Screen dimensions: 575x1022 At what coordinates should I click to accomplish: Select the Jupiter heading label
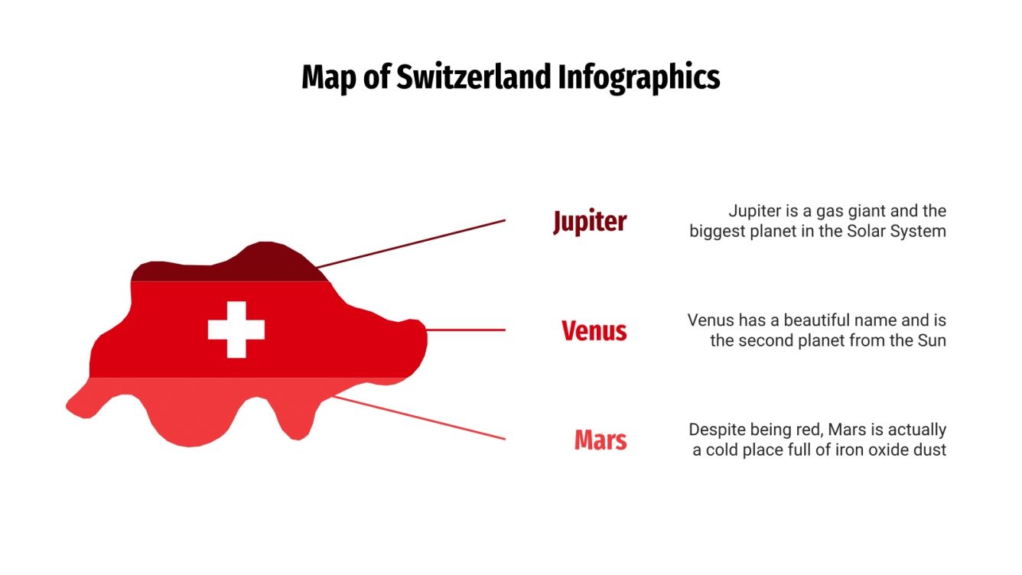click(590, 222)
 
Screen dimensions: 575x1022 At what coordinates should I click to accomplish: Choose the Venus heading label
click(594, 331)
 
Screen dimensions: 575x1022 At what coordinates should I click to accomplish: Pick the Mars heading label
click(601, 440)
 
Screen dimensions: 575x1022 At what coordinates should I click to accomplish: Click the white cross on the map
click(236, 330)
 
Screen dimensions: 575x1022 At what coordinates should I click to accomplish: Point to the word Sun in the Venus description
click(932, 340)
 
